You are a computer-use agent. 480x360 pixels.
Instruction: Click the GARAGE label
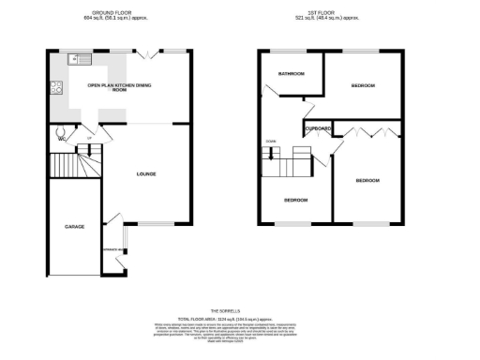tap(74, 227)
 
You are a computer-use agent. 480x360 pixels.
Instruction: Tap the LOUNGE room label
tap(146, 173)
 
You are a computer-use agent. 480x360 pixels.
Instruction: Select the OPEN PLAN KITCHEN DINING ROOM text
tap(120, 87)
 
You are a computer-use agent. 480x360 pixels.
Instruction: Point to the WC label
tap(61, 140)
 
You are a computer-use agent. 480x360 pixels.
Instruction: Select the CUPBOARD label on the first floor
tap(317, 128)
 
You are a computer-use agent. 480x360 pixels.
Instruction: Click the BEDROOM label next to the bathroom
tap(363, 85)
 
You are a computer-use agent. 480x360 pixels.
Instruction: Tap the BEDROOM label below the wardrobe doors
tap(367, 180)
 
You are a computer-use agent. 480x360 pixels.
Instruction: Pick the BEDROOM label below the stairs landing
tap(294, 200)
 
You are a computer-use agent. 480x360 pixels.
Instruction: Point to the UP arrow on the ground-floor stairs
tap(89, 140)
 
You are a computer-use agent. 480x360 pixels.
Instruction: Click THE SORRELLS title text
tap(226, 310)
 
